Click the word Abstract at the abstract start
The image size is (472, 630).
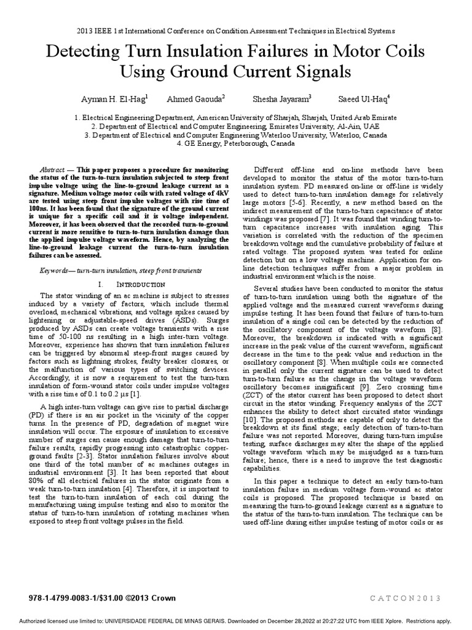click(52, 169)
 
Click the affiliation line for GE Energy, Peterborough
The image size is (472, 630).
click(235, 143)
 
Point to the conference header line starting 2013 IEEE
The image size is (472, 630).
click(235, 30)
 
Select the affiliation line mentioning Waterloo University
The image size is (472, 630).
click(235, 135)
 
